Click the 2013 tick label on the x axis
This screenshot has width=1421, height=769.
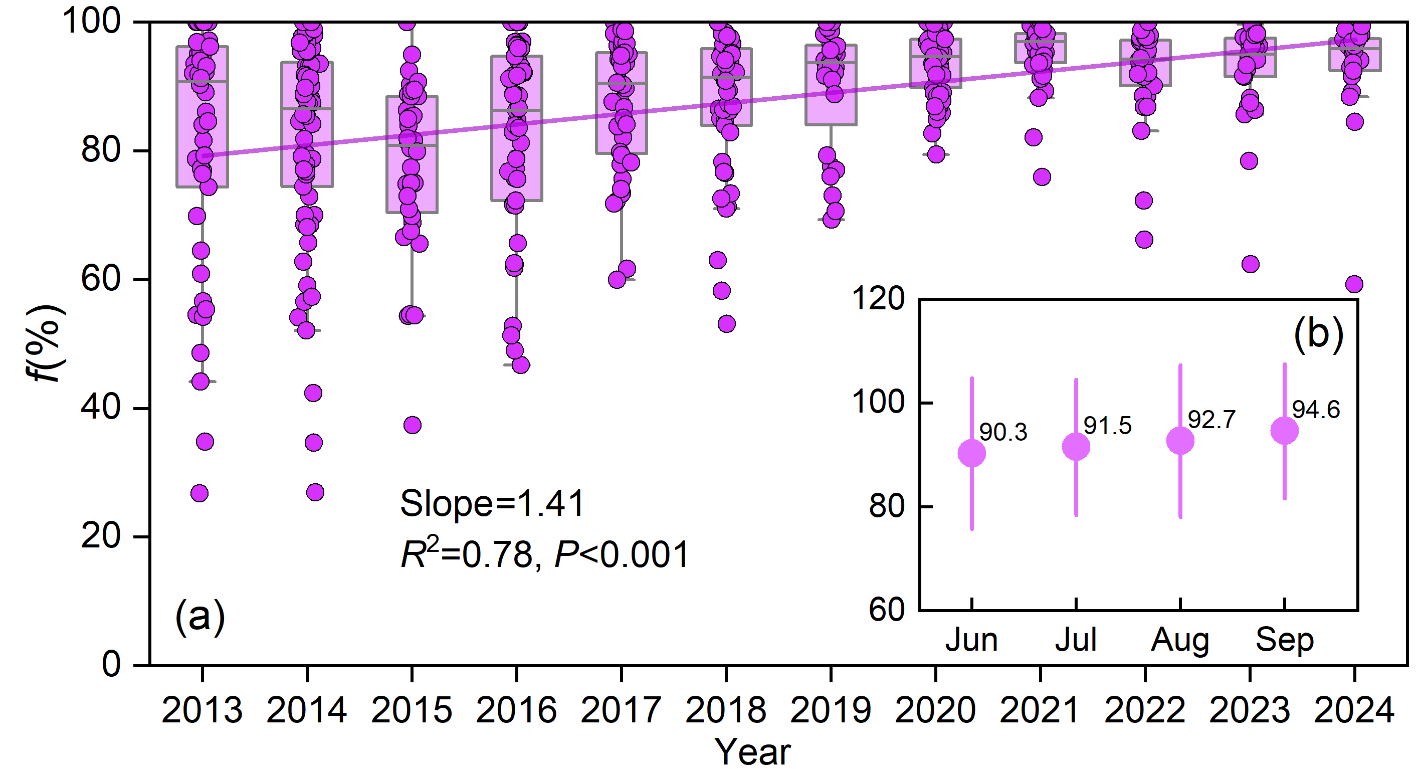pyautogui.click(x=202, y=710)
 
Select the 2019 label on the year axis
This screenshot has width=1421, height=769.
pyautogui.click(x=831, y=710)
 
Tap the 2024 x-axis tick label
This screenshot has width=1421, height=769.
pyautogui.click(x=1354, y=710)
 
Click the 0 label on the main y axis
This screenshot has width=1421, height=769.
pyautogui.click(x=111, y=665)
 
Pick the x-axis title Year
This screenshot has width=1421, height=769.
pyautogui.click(x=752, y=752)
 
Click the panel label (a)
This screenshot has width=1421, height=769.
pyautogui.click(x=199, y=616)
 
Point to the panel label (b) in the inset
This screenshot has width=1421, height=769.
pyautogui.click(x=1318, y=334)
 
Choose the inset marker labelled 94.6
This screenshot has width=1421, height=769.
pyautogui.click(x=1284, y=431)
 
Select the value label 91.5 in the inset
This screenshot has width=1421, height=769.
pyautogui.click(x=1107, y=425)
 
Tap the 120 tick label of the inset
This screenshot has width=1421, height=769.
pyautogui.click(x=878, y=300)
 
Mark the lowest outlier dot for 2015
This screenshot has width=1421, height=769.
pyautogui.click(x=412, y=425)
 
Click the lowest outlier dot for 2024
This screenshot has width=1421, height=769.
pyautogui.click(x=1354, y=285)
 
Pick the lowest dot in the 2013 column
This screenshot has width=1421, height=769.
pyautogui.click(x=199, y=493)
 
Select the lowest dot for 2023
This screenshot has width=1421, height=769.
pyautogui.click(x=1250, y=264)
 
